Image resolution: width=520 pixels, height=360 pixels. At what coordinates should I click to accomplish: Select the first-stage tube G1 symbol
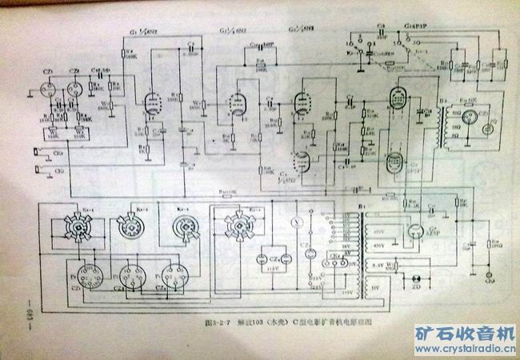click(150, 100)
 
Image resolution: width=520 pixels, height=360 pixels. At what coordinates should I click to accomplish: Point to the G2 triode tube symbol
click(236, 102)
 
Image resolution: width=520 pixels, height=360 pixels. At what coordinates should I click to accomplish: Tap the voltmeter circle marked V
click(298, 218)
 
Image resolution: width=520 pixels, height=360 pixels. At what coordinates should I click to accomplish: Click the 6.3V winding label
click(375, 262)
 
